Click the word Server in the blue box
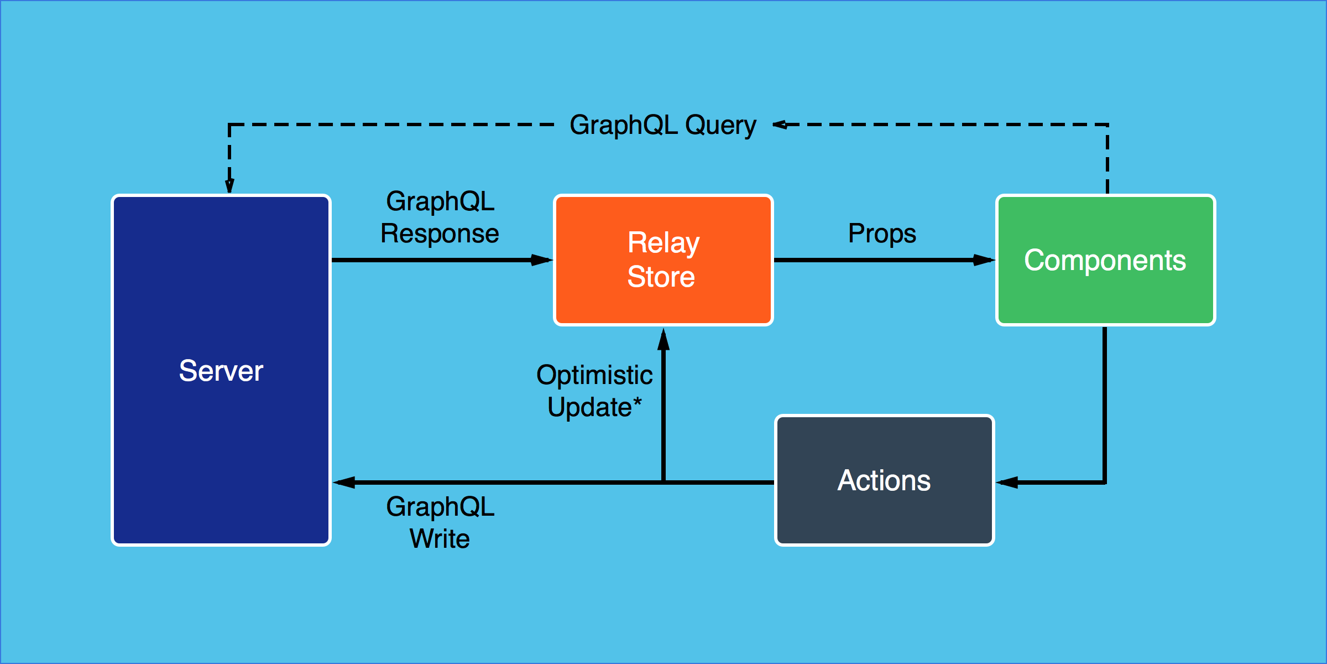pyautogui.click(x=221, y=371)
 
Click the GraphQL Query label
pyautogui.click(x=663, y=125)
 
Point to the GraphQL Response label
pyautogui.click(x=440, y=217)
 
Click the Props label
pyautogui.click(x=882, y=234)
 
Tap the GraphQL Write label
pyautogui.click(x=440, y=522)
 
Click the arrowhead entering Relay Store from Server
pyautogui.click(x=542, y=260)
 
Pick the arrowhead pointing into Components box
pyautogui.click(x=984, y=260)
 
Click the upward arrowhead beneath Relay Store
pyautogui.click(x=663, y=339)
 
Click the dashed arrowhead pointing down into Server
pyautogui.click(x=229, y=185)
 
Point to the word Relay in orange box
pyautogui.click(x=663, y=243)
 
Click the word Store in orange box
pyautogui.click(x=661, y=277)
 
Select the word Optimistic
pyautogui.click(x=594, y=375)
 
